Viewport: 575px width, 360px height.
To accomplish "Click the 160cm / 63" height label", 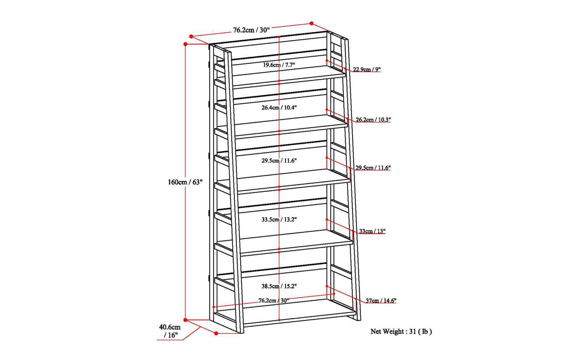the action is click(185, 182).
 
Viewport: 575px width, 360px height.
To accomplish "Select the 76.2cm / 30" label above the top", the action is click(251, 30).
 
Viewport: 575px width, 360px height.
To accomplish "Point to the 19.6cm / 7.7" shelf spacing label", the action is click(279, 65).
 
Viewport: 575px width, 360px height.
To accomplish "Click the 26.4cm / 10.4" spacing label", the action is click(279, 107).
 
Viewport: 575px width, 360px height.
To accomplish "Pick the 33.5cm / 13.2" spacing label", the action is click(279, 220).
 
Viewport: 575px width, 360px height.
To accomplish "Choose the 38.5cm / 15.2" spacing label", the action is click(279, 286).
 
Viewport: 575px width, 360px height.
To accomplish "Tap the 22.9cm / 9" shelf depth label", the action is click(367, 70).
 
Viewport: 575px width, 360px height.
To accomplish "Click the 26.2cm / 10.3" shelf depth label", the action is click(373, 120).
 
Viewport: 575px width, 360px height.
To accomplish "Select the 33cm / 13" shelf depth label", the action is click(372, 231).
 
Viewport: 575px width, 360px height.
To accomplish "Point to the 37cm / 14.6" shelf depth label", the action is click(381, 300).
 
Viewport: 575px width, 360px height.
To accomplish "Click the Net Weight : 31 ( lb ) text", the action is click(401, 331).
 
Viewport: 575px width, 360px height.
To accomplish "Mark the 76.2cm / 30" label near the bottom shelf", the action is click(274, 300).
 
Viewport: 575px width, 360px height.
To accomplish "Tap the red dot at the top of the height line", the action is click(185, 44).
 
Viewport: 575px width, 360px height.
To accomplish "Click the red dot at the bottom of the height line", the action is click(185, 320).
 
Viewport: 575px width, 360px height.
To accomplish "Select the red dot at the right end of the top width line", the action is click(311, 23).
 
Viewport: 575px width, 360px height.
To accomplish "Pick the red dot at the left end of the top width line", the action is click(191, 37).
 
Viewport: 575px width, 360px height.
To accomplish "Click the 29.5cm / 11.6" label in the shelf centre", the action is click(279, 161).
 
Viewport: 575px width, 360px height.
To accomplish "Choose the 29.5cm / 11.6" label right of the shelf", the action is click(373, 168).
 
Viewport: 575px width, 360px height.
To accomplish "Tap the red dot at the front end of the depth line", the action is click(216, 333).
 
